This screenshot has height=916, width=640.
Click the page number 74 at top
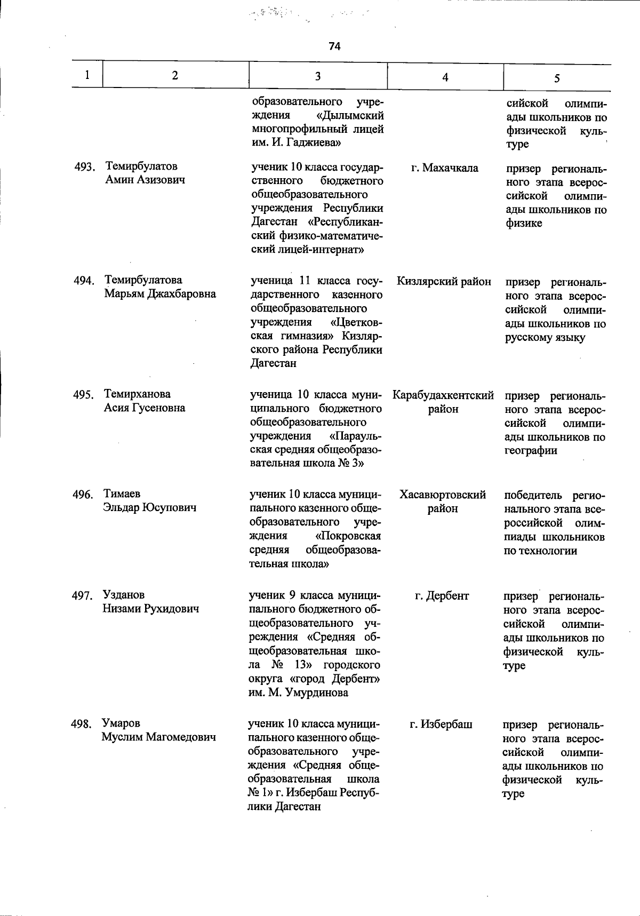click(334, 46)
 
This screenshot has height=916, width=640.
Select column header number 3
click(317, 76)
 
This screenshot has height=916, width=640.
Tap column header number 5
click(556, 78)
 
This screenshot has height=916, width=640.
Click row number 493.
click(84, 168)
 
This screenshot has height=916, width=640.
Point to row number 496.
click(83, 495)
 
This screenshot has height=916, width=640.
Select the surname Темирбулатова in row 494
click(143, 280)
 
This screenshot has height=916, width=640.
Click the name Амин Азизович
click(145, 180)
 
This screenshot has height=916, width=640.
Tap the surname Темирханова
click(138, 394)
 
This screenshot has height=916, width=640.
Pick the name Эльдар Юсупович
click(150, 508)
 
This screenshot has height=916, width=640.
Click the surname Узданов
click(124, 595)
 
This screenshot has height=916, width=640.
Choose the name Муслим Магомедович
click(159, 737)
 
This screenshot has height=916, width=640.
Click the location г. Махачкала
click(445, 168)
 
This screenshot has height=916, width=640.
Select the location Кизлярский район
click(444, 282)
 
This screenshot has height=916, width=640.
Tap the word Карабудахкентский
click(443, 395)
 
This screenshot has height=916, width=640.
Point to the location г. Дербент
click(442, 596)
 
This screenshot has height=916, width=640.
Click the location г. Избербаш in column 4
click(441, 724)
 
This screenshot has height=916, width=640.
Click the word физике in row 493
click(524, 224)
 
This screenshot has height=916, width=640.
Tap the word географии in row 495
click(531, 451)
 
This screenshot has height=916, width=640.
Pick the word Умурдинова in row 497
click(317, 693)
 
